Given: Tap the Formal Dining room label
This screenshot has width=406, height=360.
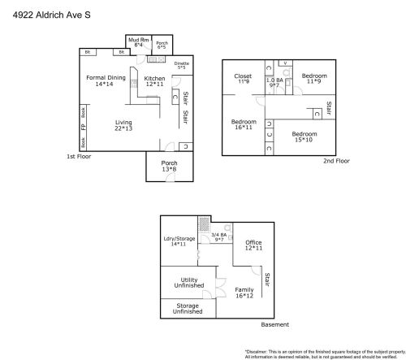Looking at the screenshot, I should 106,80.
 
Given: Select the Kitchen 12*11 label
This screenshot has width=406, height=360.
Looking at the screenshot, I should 154,81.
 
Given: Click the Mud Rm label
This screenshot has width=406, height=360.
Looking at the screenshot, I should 136,42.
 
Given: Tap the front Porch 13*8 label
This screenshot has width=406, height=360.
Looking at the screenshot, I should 169,166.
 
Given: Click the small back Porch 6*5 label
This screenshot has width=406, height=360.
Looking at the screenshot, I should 162,45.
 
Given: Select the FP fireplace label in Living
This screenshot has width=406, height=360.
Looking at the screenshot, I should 83,126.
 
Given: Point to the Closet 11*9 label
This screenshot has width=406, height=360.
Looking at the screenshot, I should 243,79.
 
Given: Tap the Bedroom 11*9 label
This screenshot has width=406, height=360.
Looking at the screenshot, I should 314,79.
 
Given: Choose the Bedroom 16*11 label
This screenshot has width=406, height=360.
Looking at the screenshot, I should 244,124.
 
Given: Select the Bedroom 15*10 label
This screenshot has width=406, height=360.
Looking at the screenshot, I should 304,136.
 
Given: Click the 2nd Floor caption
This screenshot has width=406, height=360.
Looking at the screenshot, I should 336,161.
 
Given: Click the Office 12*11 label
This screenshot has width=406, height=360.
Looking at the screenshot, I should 253,245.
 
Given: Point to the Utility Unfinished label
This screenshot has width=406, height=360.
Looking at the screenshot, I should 188,282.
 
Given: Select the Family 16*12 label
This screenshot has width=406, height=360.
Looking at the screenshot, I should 244,293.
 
